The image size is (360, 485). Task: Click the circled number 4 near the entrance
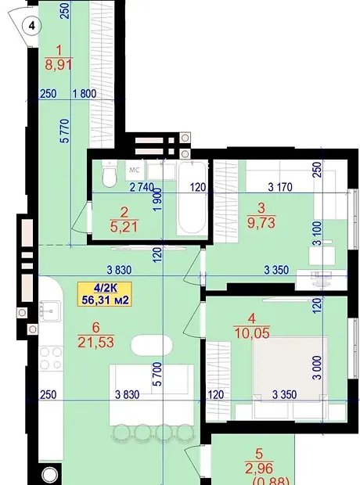pos(32,26)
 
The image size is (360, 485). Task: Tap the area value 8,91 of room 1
pos(59,65)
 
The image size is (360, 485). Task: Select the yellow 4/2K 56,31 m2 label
pos(105,294)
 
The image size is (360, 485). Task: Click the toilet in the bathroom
pos(109,174)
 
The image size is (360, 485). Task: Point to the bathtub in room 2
pos(192,198)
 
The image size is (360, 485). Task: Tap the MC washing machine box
pos(135,170)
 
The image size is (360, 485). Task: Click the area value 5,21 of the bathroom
pos(124,227)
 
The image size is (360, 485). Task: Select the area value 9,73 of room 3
pos(261,222)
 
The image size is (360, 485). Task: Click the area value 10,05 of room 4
pos(252,333)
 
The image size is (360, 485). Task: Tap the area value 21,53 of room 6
pos(96,342)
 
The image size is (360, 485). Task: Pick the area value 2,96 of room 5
pos(259,469)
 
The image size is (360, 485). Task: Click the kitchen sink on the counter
pos(50,311)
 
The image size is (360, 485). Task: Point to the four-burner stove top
pos(51,358)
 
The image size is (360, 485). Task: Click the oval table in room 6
pos(152,346)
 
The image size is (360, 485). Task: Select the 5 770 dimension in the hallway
pos(66,131)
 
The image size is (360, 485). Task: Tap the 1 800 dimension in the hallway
pos(85,93)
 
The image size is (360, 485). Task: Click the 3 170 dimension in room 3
pos(280,187)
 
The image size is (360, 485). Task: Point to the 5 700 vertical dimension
pos(157,374)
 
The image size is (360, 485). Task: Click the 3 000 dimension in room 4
pos(317,368)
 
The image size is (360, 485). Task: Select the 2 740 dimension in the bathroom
pos(142,187)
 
